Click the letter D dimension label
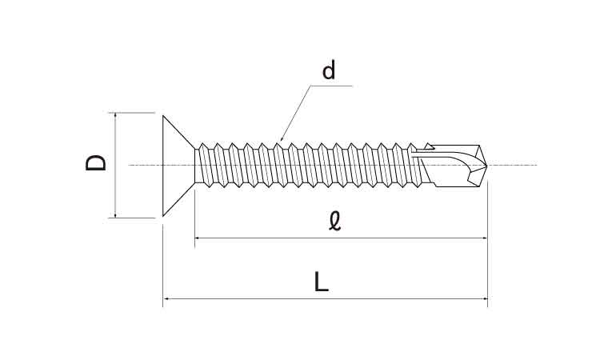point(95,162)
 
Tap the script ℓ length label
point(335,222)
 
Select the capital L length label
point(321,282)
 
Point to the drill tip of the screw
point(486,166)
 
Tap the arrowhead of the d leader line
point(282,138)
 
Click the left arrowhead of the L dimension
point(166,298)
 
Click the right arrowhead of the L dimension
point(485,298)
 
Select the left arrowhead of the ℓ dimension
point(198,238)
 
